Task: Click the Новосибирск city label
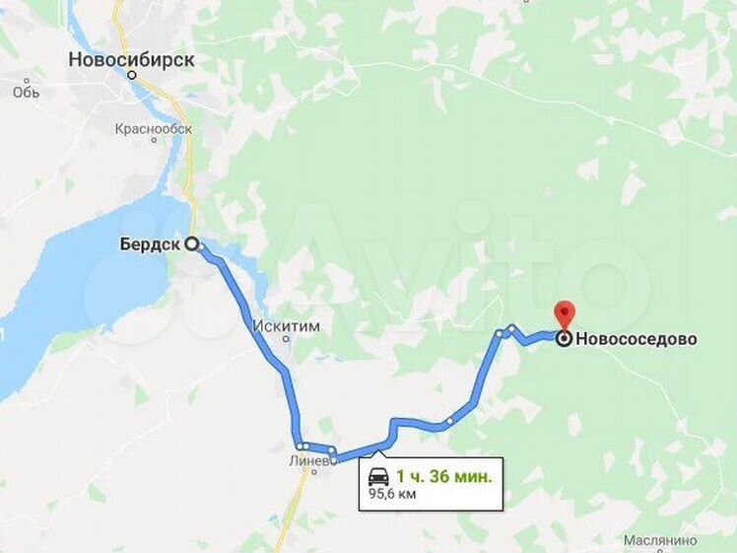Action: (x=131, y=60)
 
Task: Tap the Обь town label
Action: (x=26, y=92)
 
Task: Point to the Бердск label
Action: (x=149, y=244)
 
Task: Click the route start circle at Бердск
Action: (x=191, y=244)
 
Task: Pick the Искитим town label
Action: (x=286, y=326)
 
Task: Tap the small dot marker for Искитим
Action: (x=287, y=339)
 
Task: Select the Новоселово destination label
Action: (x=636, y=339)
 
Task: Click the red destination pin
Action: (x=564, y=313)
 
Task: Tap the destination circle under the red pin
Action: (x=564, y=339)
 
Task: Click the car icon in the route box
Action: (x=378, y=477)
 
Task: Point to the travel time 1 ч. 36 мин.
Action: (x=444, y=476)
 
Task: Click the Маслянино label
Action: (x=660, y=540)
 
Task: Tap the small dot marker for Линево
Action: (x=314, y=472)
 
